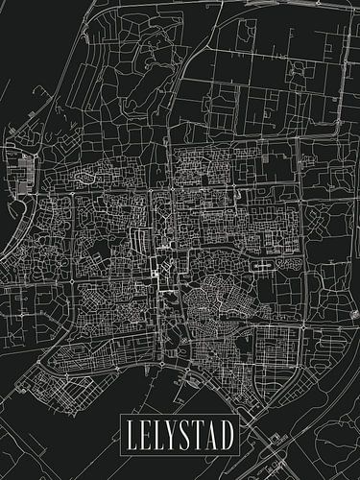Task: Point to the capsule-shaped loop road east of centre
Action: tap(260, 261)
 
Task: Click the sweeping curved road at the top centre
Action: tap(192, 29)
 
